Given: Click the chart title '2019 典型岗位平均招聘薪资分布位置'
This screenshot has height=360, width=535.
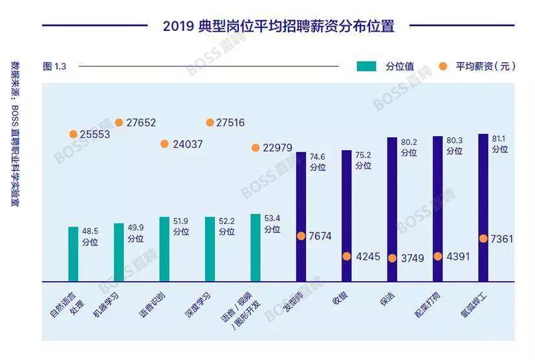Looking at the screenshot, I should coord(278,27).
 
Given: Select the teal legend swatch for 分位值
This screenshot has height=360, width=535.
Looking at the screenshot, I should coord(366,66).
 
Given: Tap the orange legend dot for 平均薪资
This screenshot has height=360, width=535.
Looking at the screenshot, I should coord(443,66).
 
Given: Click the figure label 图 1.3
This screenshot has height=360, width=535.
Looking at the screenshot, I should coord(54,66).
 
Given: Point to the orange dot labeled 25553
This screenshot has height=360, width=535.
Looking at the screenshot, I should coord(73,134).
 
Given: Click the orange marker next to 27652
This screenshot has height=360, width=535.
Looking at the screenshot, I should coord(119,122).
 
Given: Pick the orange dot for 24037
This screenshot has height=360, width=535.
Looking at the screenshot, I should coord(164,144).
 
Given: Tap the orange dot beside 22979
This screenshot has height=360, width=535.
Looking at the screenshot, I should coord(256,148).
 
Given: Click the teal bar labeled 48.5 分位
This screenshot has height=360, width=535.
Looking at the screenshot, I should coord(73,254).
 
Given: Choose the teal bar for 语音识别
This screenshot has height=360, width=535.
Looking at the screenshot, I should coord(164,249).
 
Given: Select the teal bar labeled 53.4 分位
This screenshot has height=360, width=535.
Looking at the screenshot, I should coord(256,247).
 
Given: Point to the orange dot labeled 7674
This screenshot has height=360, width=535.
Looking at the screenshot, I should coord(301,236).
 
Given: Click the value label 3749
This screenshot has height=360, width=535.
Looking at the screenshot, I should coord(412,258).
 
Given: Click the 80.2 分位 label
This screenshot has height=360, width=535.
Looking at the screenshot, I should coord(408,148).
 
